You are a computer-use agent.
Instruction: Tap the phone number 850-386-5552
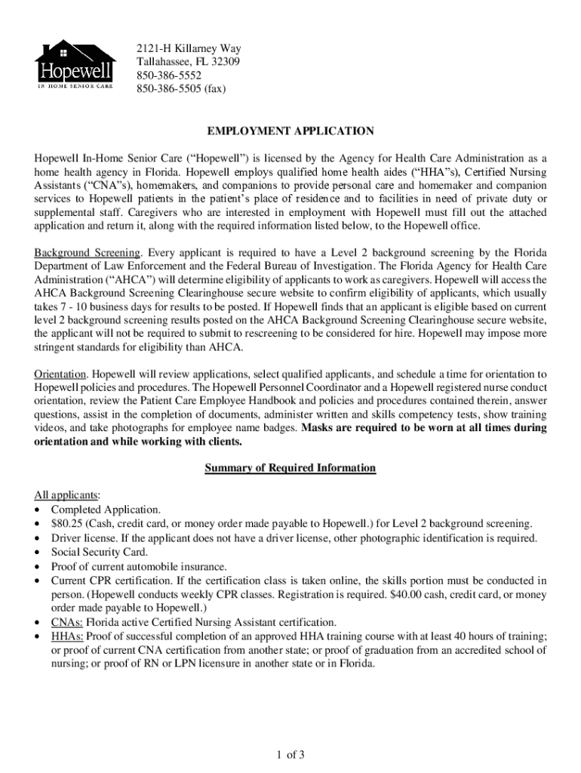coord(170,75)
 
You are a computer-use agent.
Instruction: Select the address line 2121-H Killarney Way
coord(189,48)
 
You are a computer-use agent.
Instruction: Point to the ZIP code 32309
coord(224,62)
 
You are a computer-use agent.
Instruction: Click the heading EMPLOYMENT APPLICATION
coord(290,131)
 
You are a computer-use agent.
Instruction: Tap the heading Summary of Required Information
coord(290,468)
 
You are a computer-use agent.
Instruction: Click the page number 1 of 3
coord(290,754)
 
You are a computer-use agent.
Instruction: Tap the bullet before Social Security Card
coord(38,553)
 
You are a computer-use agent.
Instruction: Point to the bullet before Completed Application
coord(38,510)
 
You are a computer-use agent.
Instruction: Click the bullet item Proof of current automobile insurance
coord(139,566)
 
